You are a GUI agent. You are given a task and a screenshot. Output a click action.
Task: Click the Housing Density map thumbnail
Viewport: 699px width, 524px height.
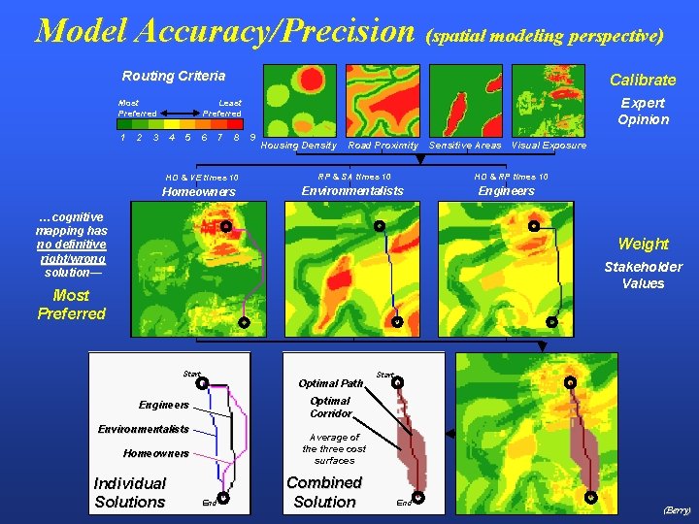pyautogui.click(x=298, y=101)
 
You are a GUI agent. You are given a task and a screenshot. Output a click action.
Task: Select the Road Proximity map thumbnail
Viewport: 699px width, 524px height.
pyautogui.click(x=383, y=101)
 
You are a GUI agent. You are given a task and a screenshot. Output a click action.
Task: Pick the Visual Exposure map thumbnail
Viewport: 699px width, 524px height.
pyautogui.click(x=549, y=101)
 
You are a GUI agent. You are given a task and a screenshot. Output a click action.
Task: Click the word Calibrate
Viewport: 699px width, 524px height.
pyautogui.click(x=642, y=80)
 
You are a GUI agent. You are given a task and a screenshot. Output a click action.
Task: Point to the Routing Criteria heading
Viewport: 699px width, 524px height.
pyautogui.click(x=173, y=76)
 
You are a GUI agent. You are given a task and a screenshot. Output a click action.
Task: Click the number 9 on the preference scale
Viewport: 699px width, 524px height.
pyautogui.click(x=253, y=138)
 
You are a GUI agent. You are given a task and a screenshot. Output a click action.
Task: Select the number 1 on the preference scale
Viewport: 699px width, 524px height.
pyautogui.click(x=122, y=138)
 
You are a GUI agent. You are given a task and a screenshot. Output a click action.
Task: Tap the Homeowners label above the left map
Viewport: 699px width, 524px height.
pyautogui.click(x=198, y=192)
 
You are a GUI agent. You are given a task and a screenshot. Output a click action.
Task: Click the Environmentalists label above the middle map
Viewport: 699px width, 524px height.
pyautogui.click(x=352, y=191)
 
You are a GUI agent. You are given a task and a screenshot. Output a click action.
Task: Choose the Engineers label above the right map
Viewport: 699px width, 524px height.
pyautogui.click(x=506, y=191)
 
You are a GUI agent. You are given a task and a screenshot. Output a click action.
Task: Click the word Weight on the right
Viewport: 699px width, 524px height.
pyautogui.click(x=643, y=244)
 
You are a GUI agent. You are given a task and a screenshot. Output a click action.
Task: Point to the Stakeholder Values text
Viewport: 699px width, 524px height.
pyautogui.click(x=643, y=276)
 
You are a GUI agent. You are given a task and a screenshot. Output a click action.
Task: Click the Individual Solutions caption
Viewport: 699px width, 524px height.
pyautogui.click(x=129, y=493)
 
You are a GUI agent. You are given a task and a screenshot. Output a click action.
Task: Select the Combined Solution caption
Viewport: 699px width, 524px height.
pyautogui.click(x=324, y=492)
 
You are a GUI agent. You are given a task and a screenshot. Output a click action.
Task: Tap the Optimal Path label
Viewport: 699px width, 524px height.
pyautogui.click(x=330, y=383)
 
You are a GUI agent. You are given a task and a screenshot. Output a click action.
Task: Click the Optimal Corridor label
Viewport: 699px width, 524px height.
pyautogui.click(x=330, y=408)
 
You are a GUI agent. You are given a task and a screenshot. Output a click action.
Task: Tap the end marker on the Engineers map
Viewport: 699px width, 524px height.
pyautogui.click(x=550, y=321)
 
